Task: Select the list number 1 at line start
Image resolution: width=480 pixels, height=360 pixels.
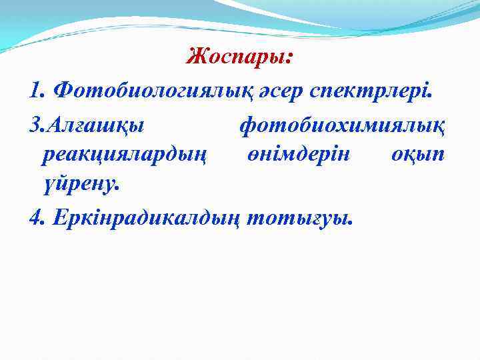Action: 35,89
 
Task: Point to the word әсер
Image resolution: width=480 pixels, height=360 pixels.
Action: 280,89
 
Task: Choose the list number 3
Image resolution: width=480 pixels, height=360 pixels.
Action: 35,123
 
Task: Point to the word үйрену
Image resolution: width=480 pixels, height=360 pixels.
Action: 75,185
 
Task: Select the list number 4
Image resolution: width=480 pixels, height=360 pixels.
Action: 35,218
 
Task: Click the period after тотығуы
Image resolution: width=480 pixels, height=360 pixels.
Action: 347,223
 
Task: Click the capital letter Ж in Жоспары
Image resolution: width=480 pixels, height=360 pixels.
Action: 195,57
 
